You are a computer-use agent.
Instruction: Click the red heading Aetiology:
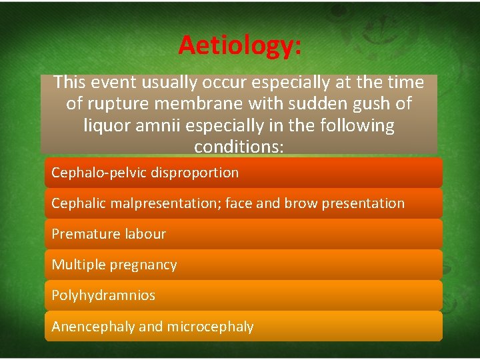239,45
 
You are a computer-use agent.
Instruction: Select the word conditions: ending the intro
239,146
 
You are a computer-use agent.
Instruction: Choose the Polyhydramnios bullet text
103,295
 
